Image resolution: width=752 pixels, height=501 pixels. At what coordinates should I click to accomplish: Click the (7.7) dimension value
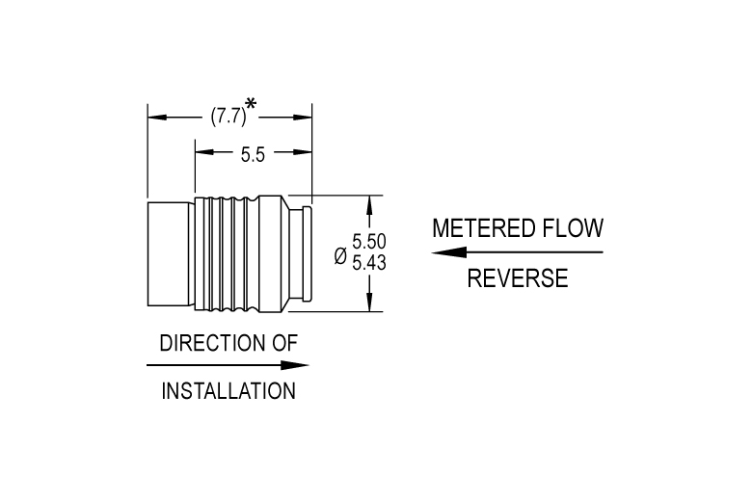click(x=228, y=117)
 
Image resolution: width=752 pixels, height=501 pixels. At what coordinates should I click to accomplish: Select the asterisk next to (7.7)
click(x=251, y=103)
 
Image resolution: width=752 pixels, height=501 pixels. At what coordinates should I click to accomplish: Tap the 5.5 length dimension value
click(x=253, y=155)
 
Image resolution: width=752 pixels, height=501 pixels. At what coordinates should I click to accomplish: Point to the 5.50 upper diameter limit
click(x=369, y=242)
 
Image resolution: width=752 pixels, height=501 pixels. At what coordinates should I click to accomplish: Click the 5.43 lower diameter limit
click(x=369, y=263)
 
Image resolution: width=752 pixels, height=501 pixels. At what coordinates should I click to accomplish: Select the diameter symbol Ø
click(x=340, y=256)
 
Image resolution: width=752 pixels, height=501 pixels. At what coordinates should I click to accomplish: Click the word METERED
click(x=484, y=228)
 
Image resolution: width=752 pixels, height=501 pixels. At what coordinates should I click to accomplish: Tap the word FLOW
click(x=573, y=228)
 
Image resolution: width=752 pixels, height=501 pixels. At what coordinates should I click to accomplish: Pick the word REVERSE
click(x=518, y=278)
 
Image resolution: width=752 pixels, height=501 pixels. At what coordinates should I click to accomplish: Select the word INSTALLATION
click(x=228, y=391)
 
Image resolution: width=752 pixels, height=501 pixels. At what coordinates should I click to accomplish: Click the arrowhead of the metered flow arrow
click(x=448, y=252)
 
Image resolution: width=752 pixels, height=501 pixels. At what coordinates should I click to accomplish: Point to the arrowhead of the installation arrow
click(x=295, y=365)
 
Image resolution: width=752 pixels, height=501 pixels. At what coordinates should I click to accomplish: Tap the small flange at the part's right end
click(x=307, y=254)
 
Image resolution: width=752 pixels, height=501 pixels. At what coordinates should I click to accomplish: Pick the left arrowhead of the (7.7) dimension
click(x=157, y=117)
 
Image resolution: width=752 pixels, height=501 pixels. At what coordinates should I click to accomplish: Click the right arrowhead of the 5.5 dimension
click(x=302, y=152)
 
